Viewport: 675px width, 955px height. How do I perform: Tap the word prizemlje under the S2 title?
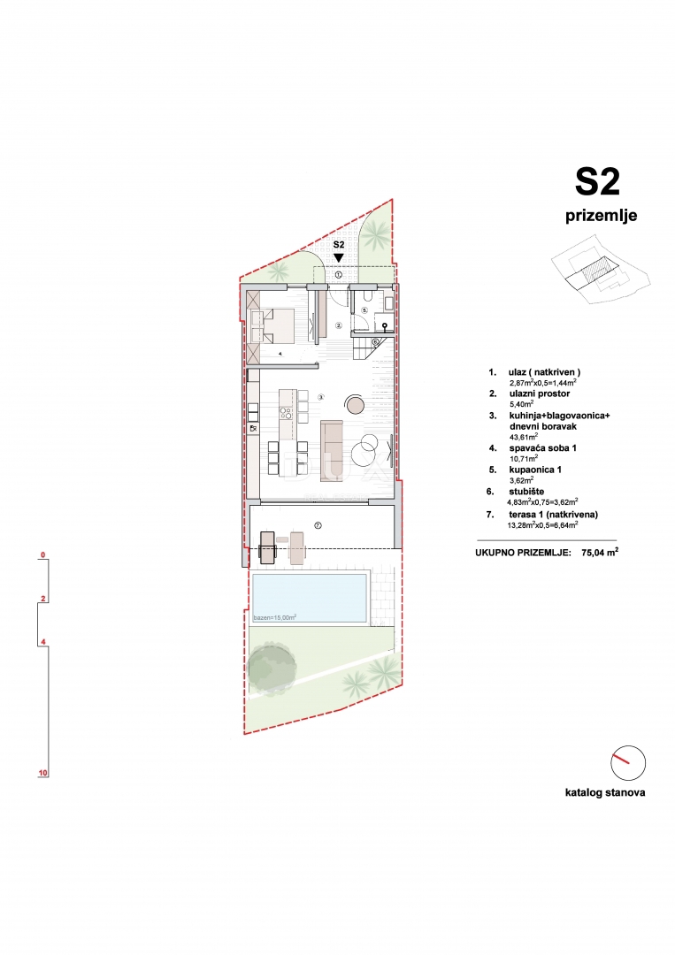pyautogui.click(x=601, y=215)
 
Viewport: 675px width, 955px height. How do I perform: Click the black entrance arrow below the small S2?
pyautogui.click(x=338, y=258)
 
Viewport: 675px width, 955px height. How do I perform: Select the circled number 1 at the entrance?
pyautogui.click(x=338, y=275)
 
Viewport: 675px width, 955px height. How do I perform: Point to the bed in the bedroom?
pyautogui.click(x=272, y=325)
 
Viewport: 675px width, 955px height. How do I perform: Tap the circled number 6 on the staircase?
pyautogui.click(x=375, y=341)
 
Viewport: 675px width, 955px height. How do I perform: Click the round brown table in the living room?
pyautogui.click(x=356, y=405)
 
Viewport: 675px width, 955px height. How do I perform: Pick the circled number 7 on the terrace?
pyautogui.click(x=318, y=525)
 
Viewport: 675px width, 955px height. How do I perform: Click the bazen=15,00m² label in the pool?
pyautogui.click(x=274, y=616)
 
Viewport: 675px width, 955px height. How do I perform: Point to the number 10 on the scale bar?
pyautogui.click(x=42, y=773)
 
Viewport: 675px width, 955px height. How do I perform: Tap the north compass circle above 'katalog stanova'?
pyautogui.click(x=627, y=763)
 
